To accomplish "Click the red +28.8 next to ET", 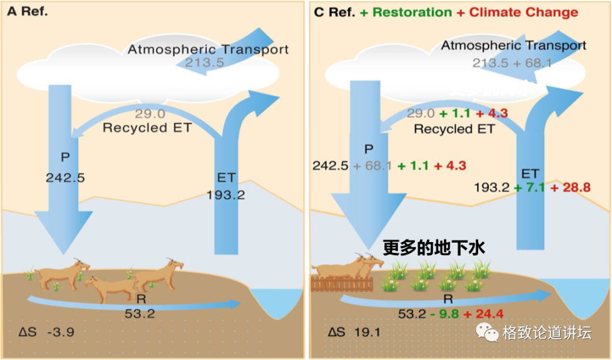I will [572, 187].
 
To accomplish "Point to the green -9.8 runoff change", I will [443, 314].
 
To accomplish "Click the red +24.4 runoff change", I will [483, 314].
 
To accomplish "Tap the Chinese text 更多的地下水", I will [434, 248].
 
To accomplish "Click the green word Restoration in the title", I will [413, 12].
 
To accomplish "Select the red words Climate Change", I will [524, 12].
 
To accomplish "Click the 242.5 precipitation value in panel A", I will [65, 177].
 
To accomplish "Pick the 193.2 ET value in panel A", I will [226, 195].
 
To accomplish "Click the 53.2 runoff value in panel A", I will [139, 312].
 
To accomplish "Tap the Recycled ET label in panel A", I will [147, 128].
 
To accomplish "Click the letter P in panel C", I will [369, 149].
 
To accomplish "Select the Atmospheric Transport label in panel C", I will [513, 45].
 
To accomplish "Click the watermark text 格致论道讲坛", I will [546, 333].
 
